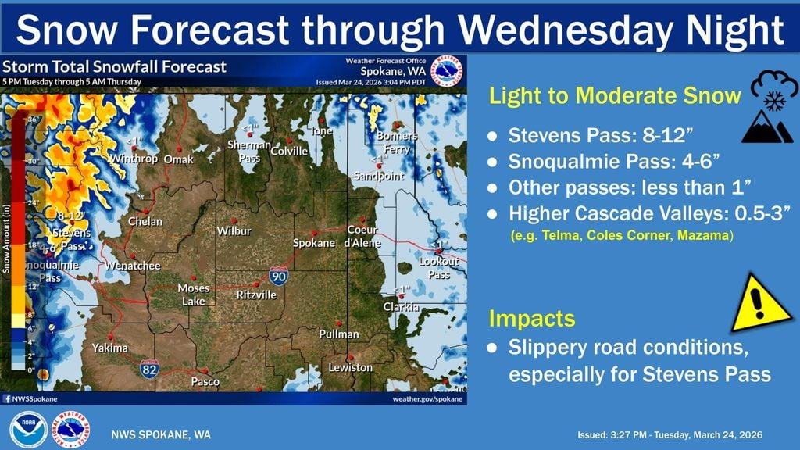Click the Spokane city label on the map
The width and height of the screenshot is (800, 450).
(x=313, y=243)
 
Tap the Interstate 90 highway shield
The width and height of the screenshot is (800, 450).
(x=277, y=275)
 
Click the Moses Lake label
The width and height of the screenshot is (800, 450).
(x=193, y=295)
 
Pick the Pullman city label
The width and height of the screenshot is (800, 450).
(x=339, y=334)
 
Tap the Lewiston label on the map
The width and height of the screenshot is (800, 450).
(x=350, y=367)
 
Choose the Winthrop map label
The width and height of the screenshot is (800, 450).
(x=138, y=159)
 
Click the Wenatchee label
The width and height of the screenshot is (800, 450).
(x=134, y=266)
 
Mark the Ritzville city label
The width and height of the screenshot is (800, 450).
(x=256, y=295)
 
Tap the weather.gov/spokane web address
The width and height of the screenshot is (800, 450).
(x=427, y=398)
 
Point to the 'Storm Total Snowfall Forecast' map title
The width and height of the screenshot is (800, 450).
(x=115, y=67)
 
